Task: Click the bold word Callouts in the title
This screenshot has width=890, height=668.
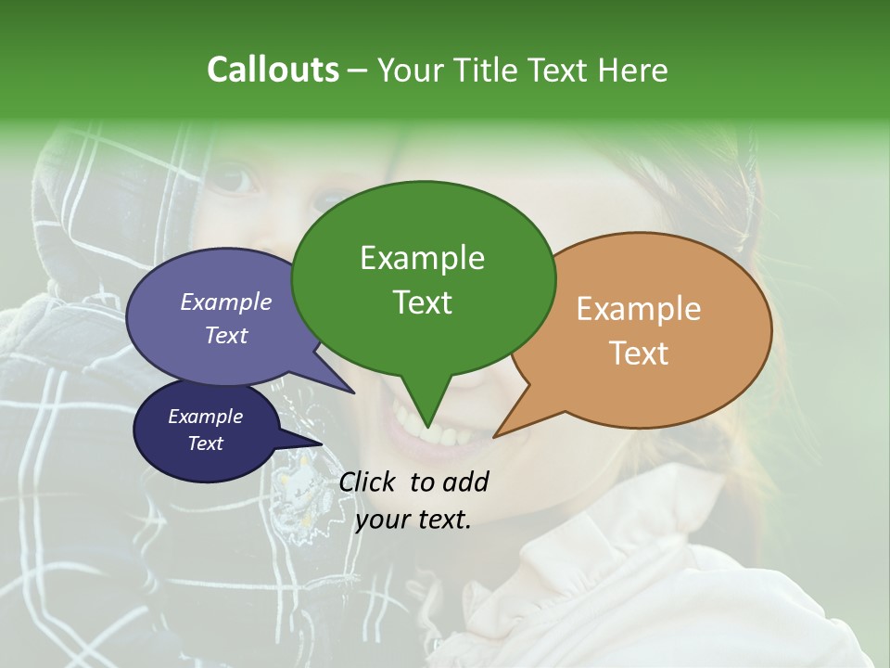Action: click(273, 70)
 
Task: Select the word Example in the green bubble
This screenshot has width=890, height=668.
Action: click(422, 258)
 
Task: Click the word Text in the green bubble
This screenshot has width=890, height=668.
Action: click(422, 302)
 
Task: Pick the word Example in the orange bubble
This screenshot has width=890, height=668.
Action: click(639, 309)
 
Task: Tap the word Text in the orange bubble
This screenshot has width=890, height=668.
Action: click(639, 353)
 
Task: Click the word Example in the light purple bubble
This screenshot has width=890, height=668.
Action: click(226, 302)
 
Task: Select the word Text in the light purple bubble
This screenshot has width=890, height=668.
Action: click(226, 335)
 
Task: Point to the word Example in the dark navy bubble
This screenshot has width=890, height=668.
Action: click(205, 417)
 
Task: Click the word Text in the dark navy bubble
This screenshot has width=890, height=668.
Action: click(205, 443)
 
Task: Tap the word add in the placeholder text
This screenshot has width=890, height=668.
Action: click(465, 482)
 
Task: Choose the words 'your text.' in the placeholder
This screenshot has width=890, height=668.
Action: click(413, 519)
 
